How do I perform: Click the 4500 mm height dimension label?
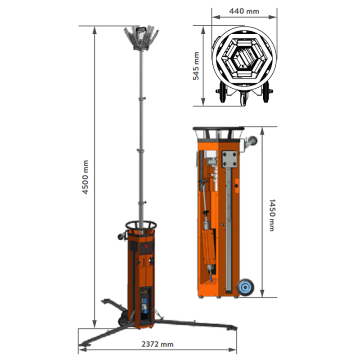(x=85, y=177)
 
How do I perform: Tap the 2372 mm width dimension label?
(x=157, y=344)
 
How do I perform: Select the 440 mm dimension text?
(x=244, y=11)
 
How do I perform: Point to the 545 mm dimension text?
(x=196, y=66)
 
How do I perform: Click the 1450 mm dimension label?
(x=272, y=215)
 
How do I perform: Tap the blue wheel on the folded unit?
(x=246, y=287)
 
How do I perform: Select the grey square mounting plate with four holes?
(x=229, y=159)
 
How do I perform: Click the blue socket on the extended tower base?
(x=144, y=306)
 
